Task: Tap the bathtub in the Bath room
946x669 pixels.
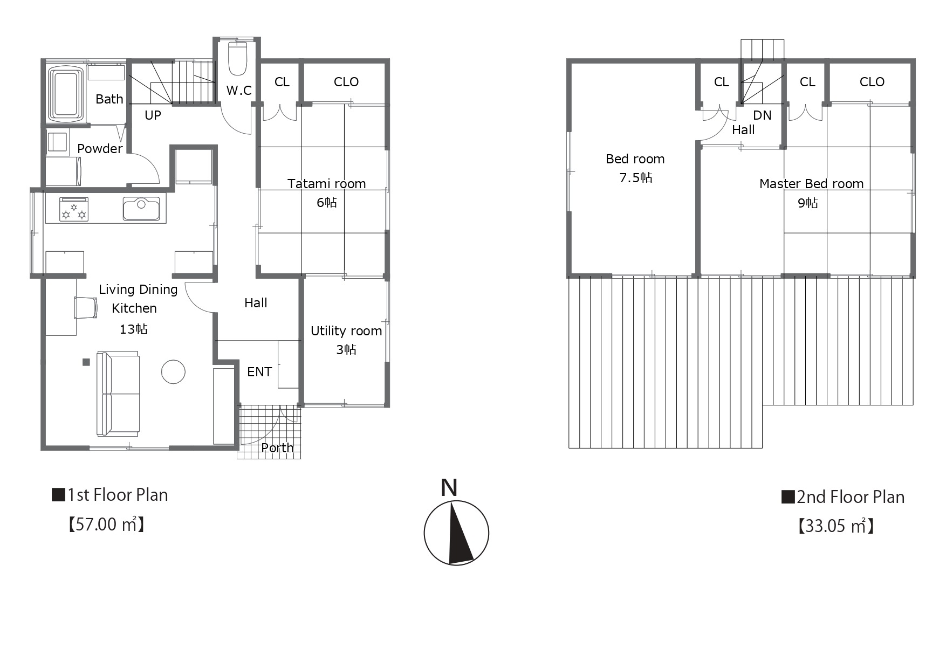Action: [x=66, y=93]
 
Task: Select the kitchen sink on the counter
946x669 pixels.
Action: [x=141, y=209]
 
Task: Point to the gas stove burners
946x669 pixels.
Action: [x=74, y=210]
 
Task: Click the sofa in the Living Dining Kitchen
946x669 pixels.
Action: [x=118, y=394]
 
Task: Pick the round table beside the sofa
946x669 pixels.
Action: [x=173, y=371]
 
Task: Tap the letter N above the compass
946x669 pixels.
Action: [x=449, y=487]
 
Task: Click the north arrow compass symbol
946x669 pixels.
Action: [x=456, y=533]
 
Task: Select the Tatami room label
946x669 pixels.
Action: [x=326, y=184]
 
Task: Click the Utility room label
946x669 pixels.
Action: [x=346, y=331]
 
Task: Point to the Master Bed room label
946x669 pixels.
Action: [x=811, y=184]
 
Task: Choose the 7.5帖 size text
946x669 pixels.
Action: [x=636, y=178]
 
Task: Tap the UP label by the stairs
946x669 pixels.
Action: [x=153, y=115]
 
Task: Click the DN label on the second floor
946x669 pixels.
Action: [x=762, y=115]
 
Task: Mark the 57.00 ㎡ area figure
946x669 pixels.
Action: [x=106, y=525]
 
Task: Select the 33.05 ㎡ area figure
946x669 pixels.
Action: [x=835, y=526]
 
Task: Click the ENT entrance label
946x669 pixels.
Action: [x=259, y=372]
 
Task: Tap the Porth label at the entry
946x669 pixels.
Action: [x=277, y=448]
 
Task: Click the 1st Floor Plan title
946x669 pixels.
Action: [x=110, y=495]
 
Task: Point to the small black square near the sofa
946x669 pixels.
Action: [x=86, y=362]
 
